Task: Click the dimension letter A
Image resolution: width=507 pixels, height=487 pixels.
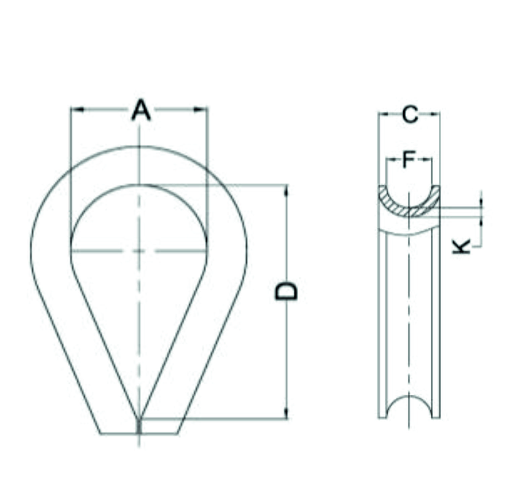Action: coord(141,110)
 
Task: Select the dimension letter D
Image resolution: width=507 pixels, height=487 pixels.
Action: coord(286,291)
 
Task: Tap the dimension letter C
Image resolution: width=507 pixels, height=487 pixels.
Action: coord(410,115)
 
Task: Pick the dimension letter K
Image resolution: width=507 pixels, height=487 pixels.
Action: coord(462,247)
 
